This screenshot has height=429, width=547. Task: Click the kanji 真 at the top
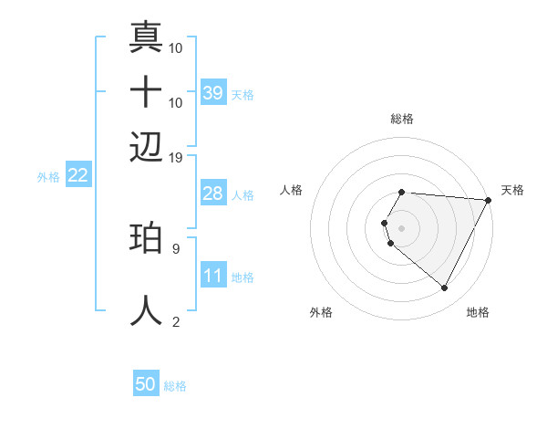click(x=146, y=38)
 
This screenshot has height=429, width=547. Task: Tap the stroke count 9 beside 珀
click(x=175, y=247)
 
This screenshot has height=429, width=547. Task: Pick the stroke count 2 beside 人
click(x=175, y=321)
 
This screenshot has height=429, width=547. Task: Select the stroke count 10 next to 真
click(x=176, y=47)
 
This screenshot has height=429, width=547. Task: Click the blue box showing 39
click(x=213, y=93)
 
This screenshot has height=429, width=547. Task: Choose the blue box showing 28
click(x=213, y=194)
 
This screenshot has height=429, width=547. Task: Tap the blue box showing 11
click(x=213, y=276)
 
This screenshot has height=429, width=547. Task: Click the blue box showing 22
click(x=77, y=176)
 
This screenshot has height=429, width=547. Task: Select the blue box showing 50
click(x=146, y=385)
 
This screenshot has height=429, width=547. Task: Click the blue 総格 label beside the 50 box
click(x=175, y=386)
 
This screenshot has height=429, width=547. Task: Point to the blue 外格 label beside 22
click(x=47, y=177)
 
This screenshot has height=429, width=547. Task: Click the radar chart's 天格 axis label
click(x=512, y=190)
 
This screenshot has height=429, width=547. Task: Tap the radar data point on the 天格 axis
click(x=488, y=199)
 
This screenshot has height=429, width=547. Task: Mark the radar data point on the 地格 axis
click(x=445, y=288)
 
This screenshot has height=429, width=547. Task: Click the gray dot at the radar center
click(x=401, y=227)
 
